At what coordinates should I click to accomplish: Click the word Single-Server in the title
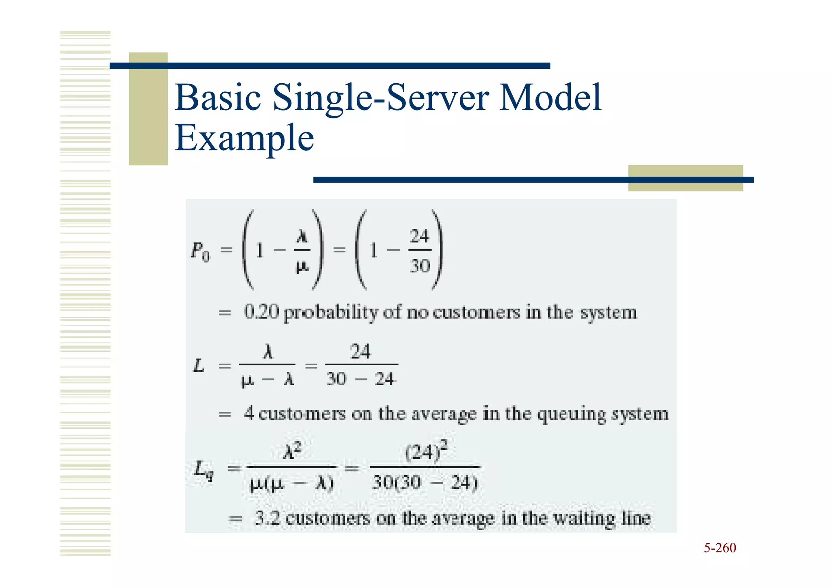coord(381,98)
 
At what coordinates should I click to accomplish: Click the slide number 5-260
coord(719,548)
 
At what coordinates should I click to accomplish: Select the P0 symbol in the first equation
coord(200,251)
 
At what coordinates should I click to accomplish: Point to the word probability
coord(331,313)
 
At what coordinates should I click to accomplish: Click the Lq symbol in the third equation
coord(203,470)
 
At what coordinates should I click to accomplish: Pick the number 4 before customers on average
coord(249,414)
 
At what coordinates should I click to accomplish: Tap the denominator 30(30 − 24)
coord(425,483)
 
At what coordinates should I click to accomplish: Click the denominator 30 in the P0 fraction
coord(420,266)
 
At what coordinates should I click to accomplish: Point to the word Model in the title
coord(550,98)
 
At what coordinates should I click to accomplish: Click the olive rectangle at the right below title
coord(685,178)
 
